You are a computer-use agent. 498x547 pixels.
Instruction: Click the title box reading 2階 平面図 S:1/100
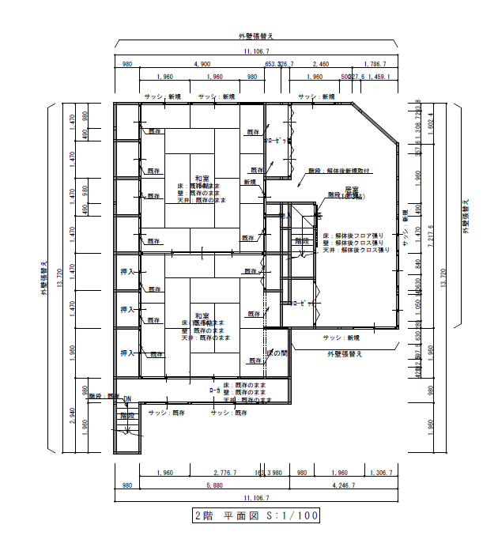(256, 516)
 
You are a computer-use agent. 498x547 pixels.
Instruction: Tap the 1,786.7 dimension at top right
(375, 64)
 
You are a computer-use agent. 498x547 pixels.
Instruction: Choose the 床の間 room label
(277, 351)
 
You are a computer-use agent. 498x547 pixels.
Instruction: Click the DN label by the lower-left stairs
(126, 401)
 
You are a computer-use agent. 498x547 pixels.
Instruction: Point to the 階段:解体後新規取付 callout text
(339, 170)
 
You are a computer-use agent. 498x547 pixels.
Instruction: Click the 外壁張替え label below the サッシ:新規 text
(345, 354)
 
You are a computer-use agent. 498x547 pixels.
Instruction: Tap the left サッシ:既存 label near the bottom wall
(166, 413)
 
